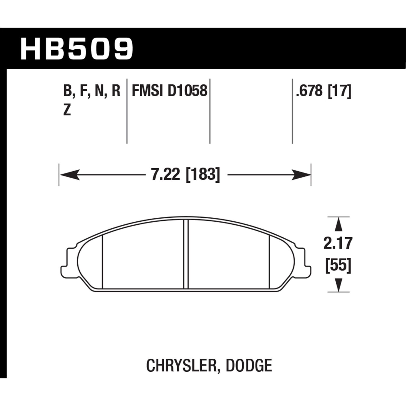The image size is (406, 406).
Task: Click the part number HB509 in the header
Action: (77, 49)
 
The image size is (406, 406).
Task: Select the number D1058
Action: (188, 91)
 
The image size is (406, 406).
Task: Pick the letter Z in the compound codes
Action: (67, 110)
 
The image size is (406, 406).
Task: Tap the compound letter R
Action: (116, 91)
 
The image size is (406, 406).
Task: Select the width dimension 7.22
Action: (166, 175)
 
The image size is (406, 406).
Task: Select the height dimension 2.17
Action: (338, 243)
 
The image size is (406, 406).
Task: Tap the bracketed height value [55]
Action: (338, 265)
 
